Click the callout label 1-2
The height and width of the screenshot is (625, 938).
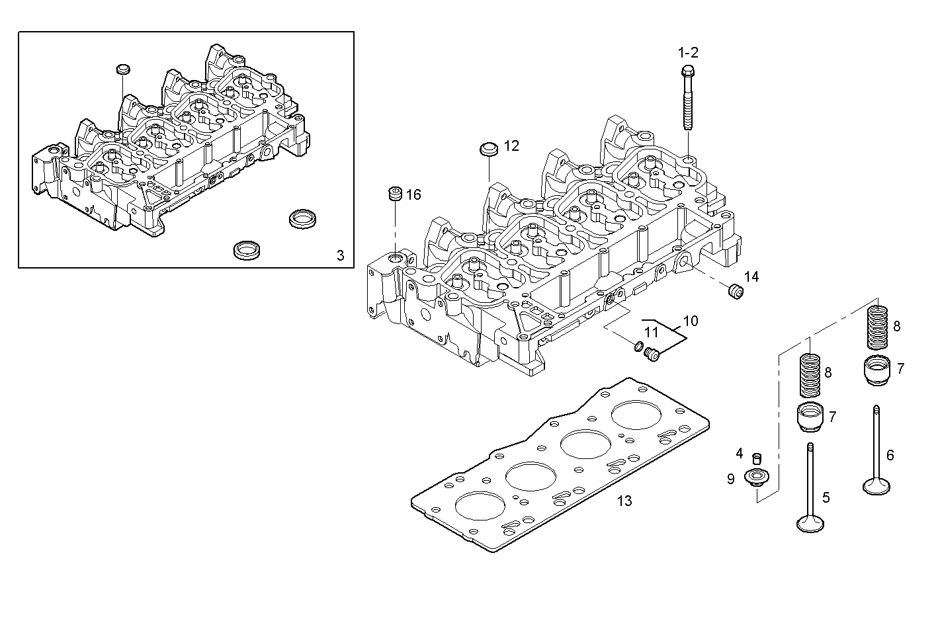(687, 52)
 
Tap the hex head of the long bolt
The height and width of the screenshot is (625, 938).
(687, 71)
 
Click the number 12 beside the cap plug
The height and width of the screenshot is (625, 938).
(511, 146)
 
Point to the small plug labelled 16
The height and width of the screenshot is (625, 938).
(394, 194)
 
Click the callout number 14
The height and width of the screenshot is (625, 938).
(751, 276)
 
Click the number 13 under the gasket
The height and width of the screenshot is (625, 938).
(624, 501)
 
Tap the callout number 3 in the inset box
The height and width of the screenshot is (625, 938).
(340, 255)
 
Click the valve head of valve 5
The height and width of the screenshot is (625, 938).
(810, 524)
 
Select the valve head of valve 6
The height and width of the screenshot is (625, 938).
(876, 487)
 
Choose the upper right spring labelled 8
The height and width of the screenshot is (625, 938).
(877, 326)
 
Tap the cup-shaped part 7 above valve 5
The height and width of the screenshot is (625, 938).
(810, 417)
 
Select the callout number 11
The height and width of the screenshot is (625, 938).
(652, 332)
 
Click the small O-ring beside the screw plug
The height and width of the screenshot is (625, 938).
(638, 347)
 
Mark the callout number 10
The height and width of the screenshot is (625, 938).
(690, 321)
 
